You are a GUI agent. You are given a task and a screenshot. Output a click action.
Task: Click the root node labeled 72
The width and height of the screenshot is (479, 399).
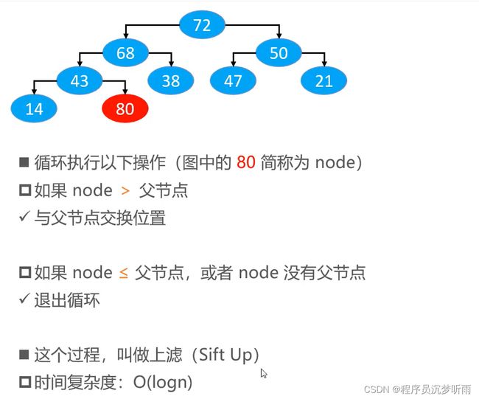(202, 25)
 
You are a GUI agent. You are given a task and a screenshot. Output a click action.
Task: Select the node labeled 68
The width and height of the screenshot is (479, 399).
(125, 53)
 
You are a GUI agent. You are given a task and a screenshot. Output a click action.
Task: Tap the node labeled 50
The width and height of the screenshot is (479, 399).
(279, 53)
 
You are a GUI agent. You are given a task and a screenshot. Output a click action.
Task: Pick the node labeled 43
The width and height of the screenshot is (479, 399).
(80, 80)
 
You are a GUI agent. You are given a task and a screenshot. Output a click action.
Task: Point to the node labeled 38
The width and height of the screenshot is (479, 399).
(171, 80)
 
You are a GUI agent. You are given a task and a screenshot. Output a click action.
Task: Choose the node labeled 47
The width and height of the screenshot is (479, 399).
(233, 80)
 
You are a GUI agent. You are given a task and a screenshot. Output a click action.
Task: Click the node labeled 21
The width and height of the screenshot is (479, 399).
(324, 80)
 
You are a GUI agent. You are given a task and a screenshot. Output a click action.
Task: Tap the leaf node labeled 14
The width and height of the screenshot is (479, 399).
(34, 108)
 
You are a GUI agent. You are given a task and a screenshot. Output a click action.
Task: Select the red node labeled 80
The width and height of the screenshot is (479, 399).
(125, 108)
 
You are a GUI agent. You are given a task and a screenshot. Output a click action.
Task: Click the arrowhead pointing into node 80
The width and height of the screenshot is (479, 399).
(125, 91)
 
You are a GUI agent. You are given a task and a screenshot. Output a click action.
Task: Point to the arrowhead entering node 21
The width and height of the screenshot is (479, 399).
(324, 63)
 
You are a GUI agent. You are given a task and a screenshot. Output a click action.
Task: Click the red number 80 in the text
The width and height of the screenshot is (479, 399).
(246, 162)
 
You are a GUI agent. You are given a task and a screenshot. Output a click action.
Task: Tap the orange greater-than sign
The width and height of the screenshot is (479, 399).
(125, 191)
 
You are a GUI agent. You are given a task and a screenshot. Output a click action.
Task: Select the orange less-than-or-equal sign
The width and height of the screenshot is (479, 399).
(123, 273)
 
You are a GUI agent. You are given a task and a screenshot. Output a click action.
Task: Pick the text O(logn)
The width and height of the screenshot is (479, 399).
(163, 382)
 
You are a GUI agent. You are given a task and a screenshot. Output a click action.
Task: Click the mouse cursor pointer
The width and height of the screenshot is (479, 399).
(264, 373)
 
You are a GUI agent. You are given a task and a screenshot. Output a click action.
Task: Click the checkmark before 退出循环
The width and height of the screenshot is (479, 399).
(24, 299)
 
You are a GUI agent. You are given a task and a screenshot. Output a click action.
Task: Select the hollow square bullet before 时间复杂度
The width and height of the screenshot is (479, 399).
(25, 382)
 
